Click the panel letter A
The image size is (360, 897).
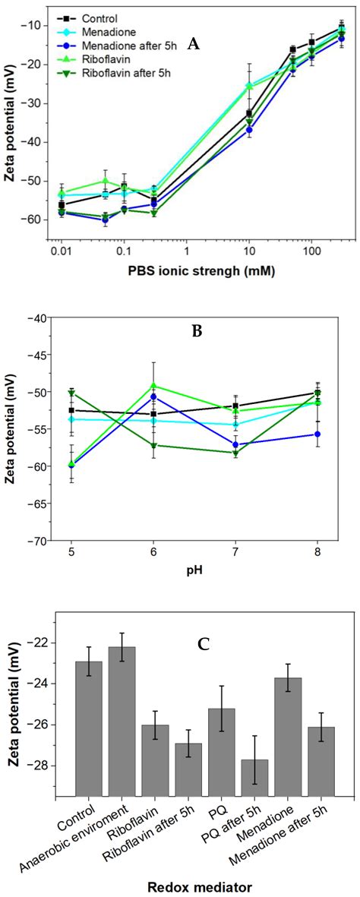(194, 45)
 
